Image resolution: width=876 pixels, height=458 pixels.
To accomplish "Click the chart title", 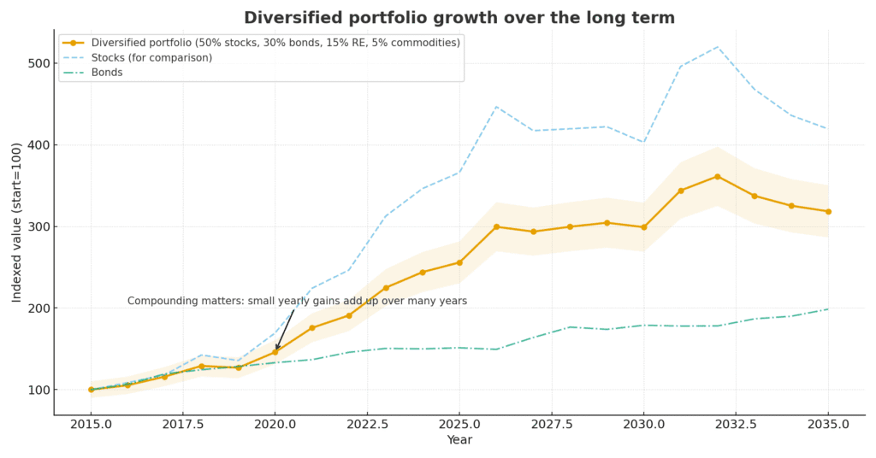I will (459, 18).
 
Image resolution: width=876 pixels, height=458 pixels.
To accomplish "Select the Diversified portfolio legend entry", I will (273, 43).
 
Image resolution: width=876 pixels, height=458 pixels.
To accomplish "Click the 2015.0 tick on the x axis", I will (92, 424).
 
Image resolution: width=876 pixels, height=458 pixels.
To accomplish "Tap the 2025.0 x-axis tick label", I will (459, 424).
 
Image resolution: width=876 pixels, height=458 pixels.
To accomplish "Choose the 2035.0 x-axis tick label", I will (828, 424).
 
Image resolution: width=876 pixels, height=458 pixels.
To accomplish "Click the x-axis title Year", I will (459, 440).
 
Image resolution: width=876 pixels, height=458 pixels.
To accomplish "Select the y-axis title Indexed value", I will (17, 222).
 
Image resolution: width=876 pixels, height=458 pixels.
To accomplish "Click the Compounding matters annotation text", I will (297, 301).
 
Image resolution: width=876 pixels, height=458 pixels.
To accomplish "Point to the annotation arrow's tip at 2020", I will (275, 350).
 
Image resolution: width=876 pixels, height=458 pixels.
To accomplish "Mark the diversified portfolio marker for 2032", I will (718, 176).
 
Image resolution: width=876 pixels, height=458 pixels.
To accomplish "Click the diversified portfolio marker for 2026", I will (496, 226).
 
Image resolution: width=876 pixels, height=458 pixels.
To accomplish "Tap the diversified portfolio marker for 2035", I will (828, 211).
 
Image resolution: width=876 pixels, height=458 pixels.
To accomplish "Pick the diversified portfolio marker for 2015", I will (92, 390).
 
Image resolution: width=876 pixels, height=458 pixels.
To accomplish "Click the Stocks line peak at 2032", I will (718, 47).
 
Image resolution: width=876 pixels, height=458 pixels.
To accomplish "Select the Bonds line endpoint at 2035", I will (828, 309).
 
